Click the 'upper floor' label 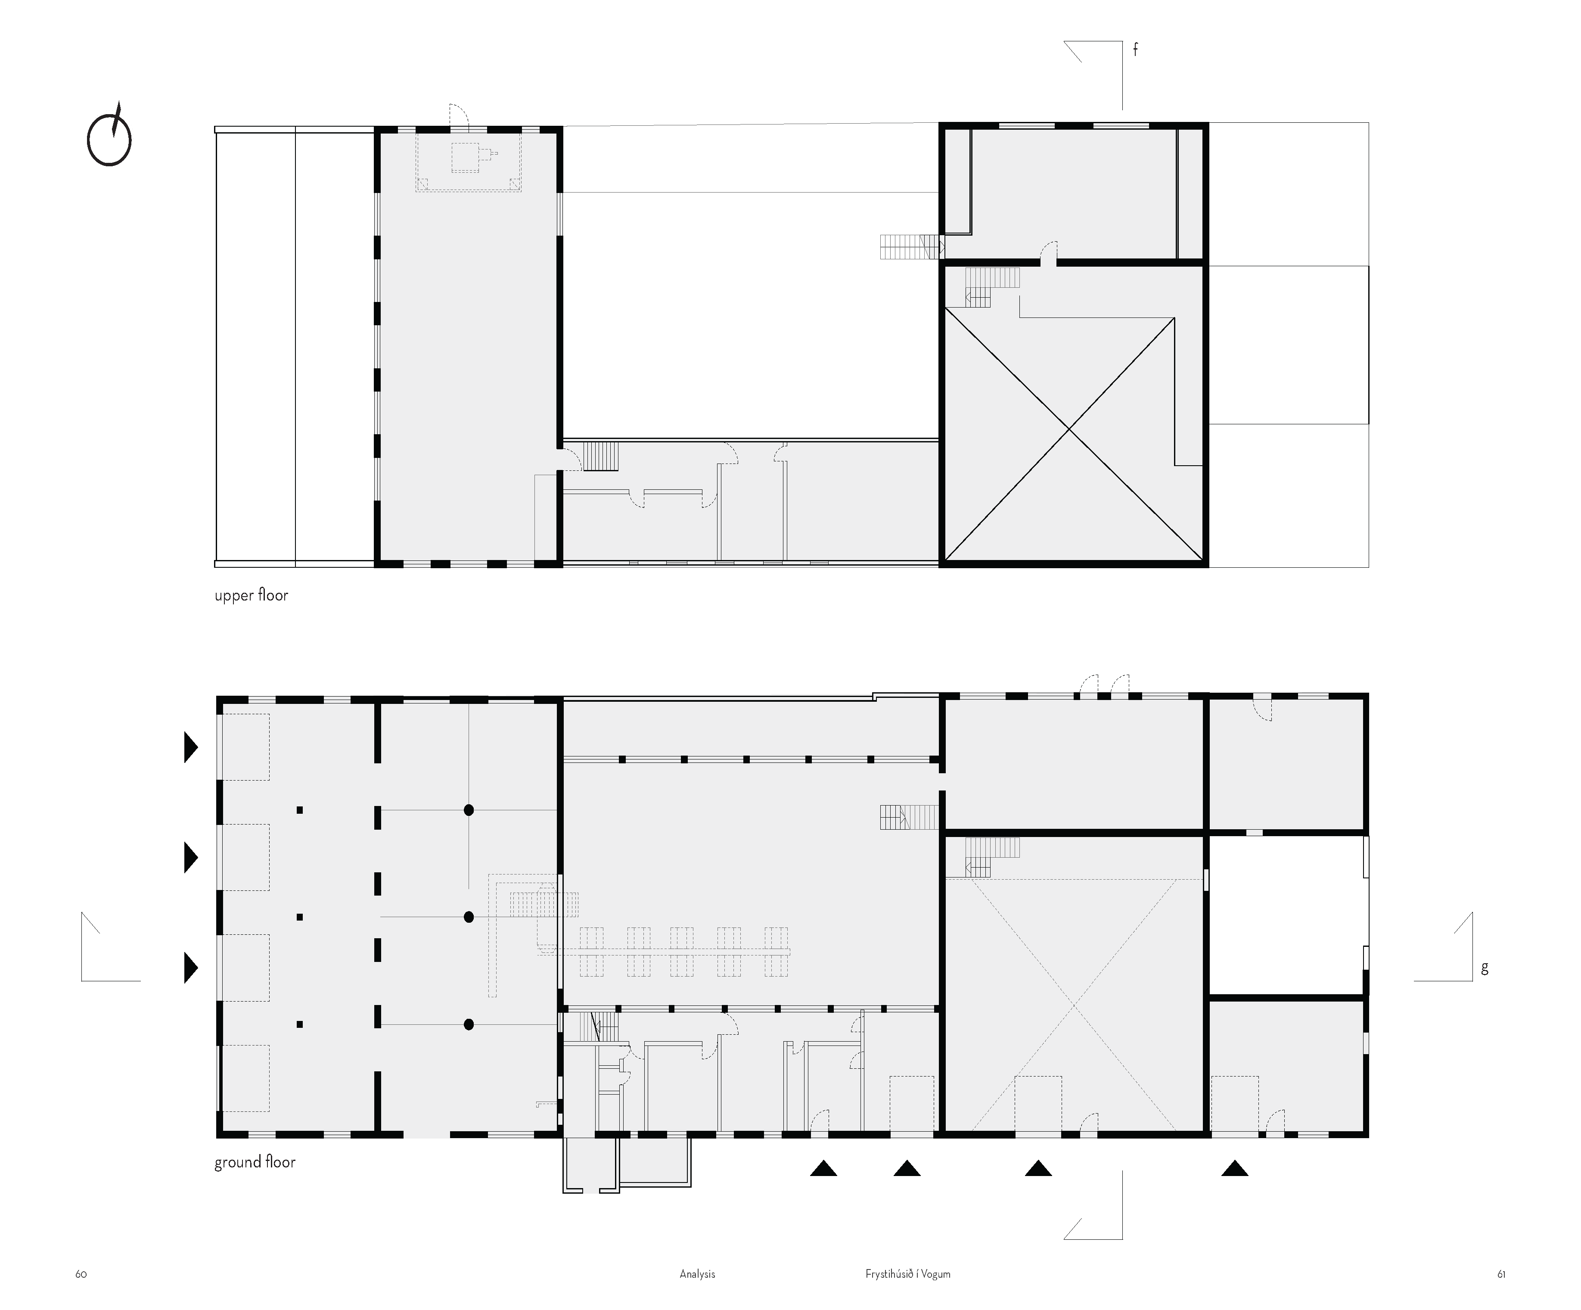pyautogui.click(x=252, y=595)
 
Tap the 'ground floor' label pyautogui.click(x=255, y=1162)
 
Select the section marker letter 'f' pyautogui.click(x=1135, y=49)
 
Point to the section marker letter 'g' pyautogui.click(x=1485, y=968)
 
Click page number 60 pyautogui.click(x=81, y=1274)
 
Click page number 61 pyautogui.click(x=1501, y=1274)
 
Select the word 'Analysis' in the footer pyautogui.click(x=697, y=1274)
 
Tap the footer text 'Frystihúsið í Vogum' pyautogui.click(x=908, y=1274)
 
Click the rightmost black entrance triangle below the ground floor pyautogui.click(x=1235, y=1168)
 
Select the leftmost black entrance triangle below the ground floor pyautogui.click(x=823, y=1168)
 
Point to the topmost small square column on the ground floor pyautogui.click(x=300, y=810)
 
